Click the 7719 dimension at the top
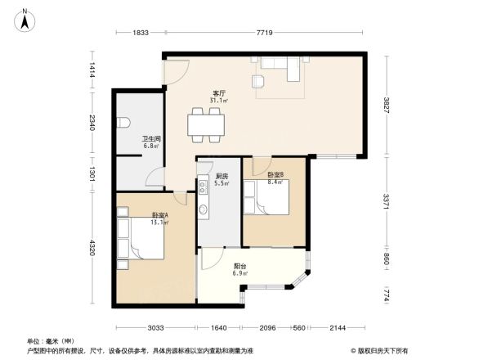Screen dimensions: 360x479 tap(264, 32)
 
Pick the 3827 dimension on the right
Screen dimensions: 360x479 tap(386, 106)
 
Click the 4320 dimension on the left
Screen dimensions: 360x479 tap(93, 247)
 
